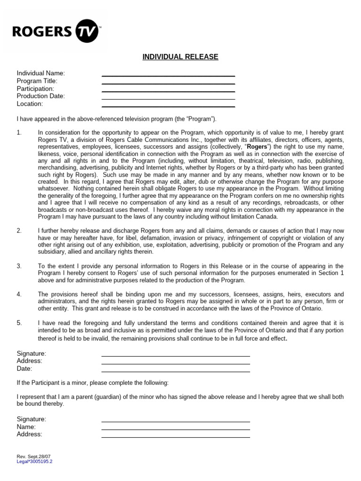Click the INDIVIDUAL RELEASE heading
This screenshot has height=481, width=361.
[x=180, y=57]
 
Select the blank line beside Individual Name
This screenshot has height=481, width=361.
[x=168, y=75]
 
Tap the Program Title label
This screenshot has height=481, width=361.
[x=37, y=81]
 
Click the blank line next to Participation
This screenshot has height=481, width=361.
[x=168, y=91]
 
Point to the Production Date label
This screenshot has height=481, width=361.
[x=41, y=96]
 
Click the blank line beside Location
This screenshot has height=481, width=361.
[x=168, y=106]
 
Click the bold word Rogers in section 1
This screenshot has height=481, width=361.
[x=257, y=146]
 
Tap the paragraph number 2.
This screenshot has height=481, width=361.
[x=19, y=231]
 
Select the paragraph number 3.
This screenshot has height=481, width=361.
[x=19, y=266]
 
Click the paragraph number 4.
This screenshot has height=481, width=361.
[x=19, y=294]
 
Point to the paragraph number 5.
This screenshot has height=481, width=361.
[x=19, y=323]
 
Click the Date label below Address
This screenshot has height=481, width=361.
[x=24, y=369]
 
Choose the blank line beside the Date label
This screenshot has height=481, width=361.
[x=175, y=371]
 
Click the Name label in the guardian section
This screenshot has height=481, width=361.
[x=26, y=427]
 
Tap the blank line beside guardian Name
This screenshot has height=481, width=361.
[x=175, y=429]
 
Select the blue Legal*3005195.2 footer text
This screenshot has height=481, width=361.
[x=34, y=461]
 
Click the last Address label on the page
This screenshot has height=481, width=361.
[x=29, y=434]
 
